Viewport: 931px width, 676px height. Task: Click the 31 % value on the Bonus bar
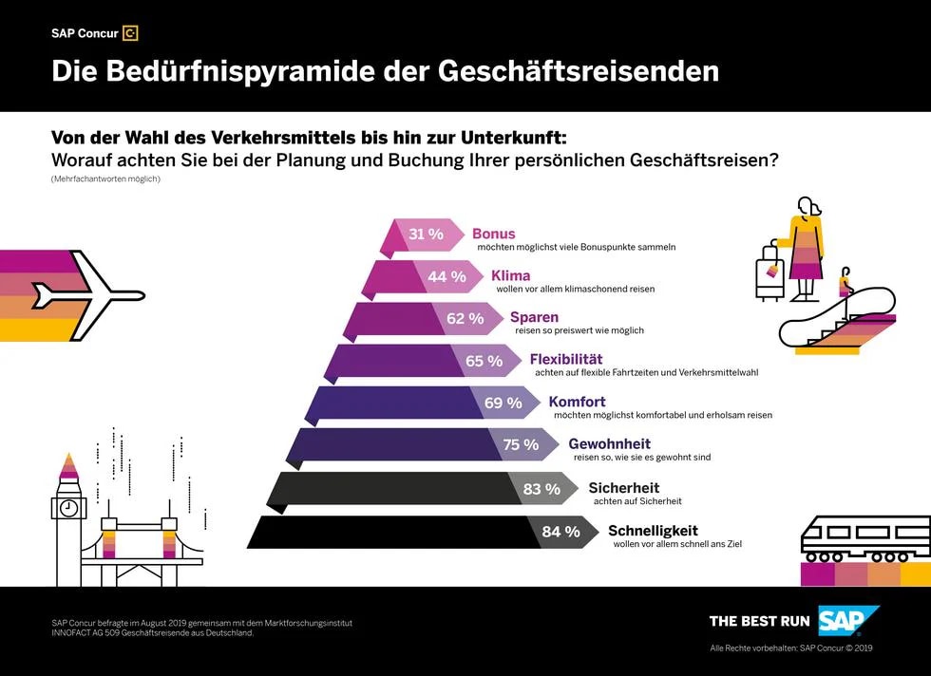click(426, 235)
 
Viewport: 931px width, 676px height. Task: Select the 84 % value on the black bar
click(560, 532)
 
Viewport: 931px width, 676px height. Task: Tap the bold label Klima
click(510, 276)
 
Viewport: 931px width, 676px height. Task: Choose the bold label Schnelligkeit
click(653, 531)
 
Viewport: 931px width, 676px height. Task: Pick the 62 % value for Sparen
click(465, 319)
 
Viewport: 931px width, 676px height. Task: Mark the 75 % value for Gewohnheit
click(521, 444)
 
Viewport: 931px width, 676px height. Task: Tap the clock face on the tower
click(68, 507)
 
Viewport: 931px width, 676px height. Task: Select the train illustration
click(864, 539)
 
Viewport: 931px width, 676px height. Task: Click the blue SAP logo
click(848, 621)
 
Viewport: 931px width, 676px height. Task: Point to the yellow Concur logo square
click(131, 33)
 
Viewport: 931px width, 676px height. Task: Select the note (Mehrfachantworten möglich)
click(105, 179)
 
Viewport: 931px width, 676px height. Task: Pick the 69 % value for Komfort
click(503, 403)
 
